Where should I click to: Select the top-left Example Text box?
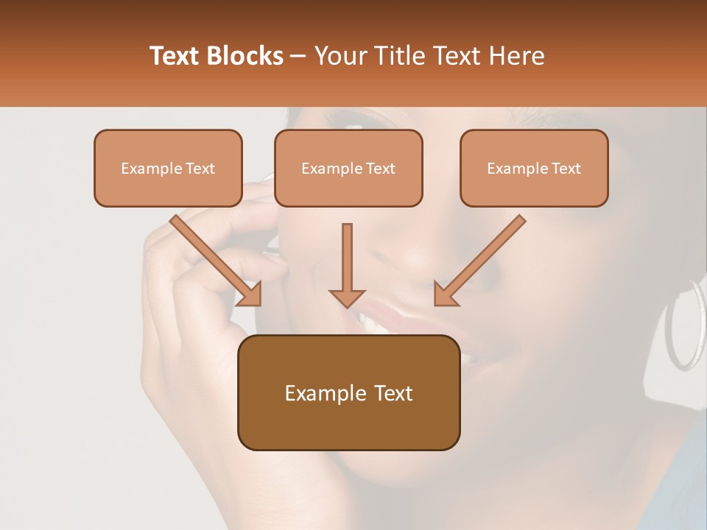(168, 168)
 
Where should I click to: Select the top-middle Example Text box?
(348, 168)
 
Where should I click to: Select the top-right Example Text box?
(534, 168)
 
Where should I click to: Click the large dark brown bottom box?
(348, 392)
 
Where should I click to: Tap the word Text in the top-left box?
(200, 168)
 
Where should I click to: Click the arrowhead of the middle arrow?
(347, 297)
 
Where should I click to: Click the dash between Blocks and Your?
(298, 56)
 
